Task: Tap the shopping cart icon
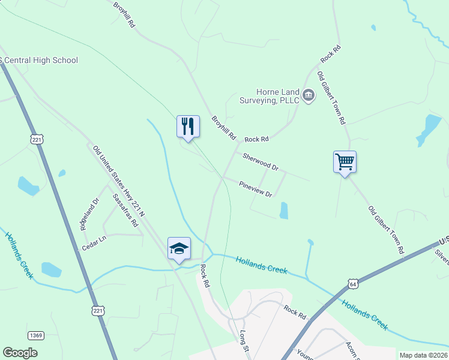tap(345, 161)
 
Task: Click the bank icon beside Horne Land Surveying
tap(309, 95)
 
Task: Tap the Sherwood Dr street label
tap(261, 161)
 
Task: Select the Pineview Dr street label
tap(255, 190)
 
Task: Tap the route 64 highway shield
tap(352, 282)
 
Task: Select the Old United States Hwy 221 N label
tap(119, 181)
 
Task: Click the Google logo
tap(20, 353)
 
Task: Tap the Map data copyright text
tap(423, 355)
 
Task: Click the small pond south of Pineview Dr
tap(284, 209)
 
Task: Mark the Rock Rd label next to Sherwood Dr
tap(256, 139)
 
